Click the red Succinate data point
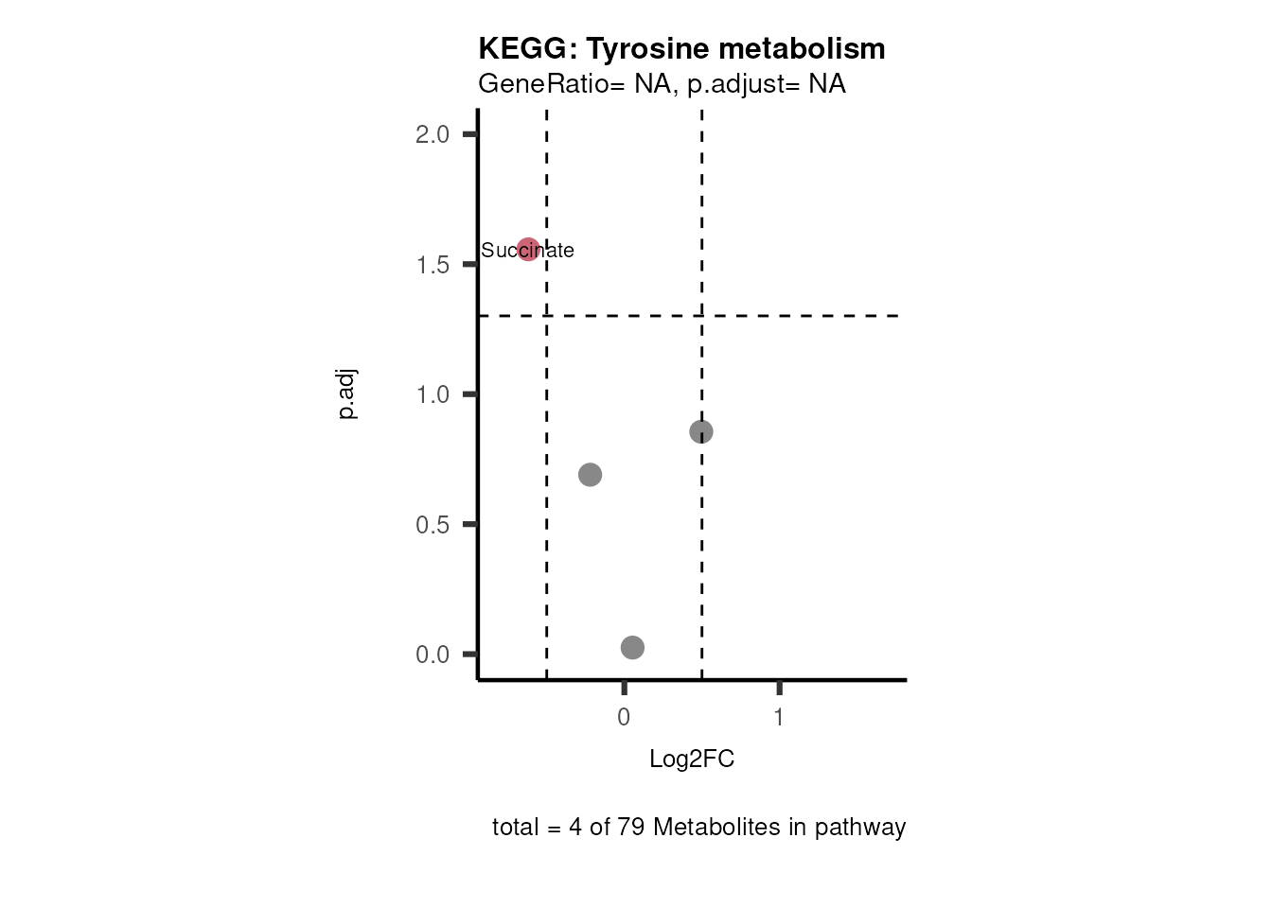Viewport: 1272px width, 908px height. (x=528, y=250)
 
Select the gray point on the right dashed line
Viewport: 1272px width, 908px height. (x=700, y=431)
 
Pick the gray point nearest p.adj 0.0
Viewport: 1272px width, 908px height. (x=632, y=647)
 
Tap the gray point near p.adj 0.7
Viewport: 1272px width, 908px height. (x=590, y=474)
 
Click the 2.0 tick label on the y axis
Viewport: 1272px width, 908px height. (x=432, y=134)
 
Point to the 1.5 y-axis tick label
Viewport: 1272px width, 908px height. (x=432, y=265)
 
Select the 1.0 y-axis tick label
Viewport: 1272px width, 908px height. (x=432, y=394)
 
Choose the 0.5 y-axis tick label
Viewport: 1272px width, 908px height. (x=432, y=524)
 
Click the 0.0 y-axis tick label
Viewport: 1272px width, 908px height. (x=432, y=655)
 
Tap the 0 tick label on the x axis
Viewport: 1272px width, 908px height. (x=624, y=718)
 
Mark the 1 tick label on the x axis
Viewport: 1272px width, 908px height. (x=779, y=718)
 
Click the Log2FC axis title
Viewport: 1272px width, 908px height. (x=692, y=760)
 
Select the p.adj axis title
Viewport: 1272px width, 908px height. (x=347, y=394)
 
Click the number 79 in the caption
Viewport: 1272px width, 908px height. (x=631, y=828)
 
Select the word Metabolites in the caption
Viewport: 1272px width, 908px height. (x=716, y=828)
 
